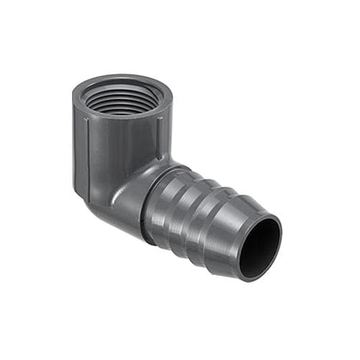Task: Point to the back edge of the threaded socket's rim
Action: pyautogui.click(x=122, y=78)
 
